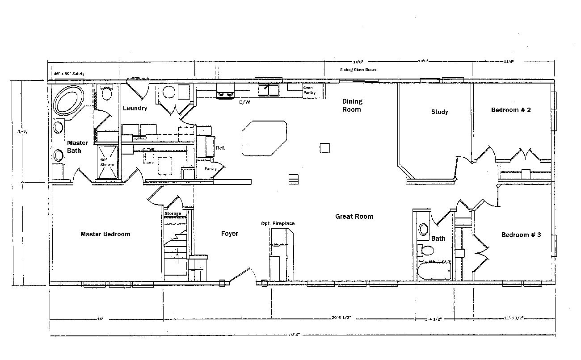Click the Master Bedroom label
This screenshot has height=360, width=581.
coord(105,234)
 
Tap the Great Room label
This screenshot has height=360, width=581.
coord(354,217)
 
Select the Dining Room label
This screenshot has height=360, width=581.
coord(352,105)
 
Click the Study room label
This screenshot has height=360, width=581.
coord(439,112)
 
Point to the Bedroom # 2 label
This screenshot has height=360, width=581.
coord(511,110)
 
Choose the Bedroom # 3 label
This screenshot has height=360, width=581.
coord(521,235)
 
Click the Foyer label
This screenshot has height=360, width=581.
coord(230,234)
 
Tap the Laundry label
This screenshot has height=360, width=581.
coord(135,108)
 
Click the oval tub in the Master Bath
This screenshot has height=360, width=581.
coord(68,100)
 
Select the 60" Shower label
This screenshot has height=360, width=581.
coord(107,162)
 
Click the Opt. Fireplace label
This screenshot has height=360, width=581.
coord(278,224)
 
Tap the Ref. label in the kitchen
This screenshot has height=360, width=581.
coord(221,148)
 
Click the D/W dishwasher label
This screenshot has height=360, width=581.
coord(244,102)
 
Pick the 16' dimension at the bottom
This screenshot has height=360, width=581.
coord(100,319)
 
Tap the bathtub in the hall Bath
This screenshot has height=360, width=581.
coord(434,271)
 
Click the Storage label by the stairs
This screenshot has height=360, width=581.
coord(173,213)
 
